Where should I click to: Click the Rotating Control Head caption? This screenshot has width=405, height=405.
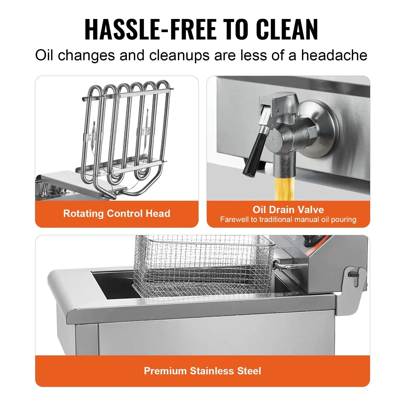pos(117,213)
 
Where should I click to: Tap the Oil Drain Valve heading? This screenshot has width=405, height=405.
pos(288,210)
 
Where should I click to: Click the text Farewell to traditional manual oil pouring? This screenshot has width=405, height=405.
pos(288,219)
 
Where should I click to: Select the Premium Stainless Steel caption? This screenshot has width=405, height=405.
pos(202,371)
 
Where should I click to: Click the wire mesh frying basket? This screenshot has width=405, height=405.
pos(202,266)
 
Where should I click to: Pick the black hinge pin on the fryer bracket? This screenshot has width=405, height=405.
pos(352,274)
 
